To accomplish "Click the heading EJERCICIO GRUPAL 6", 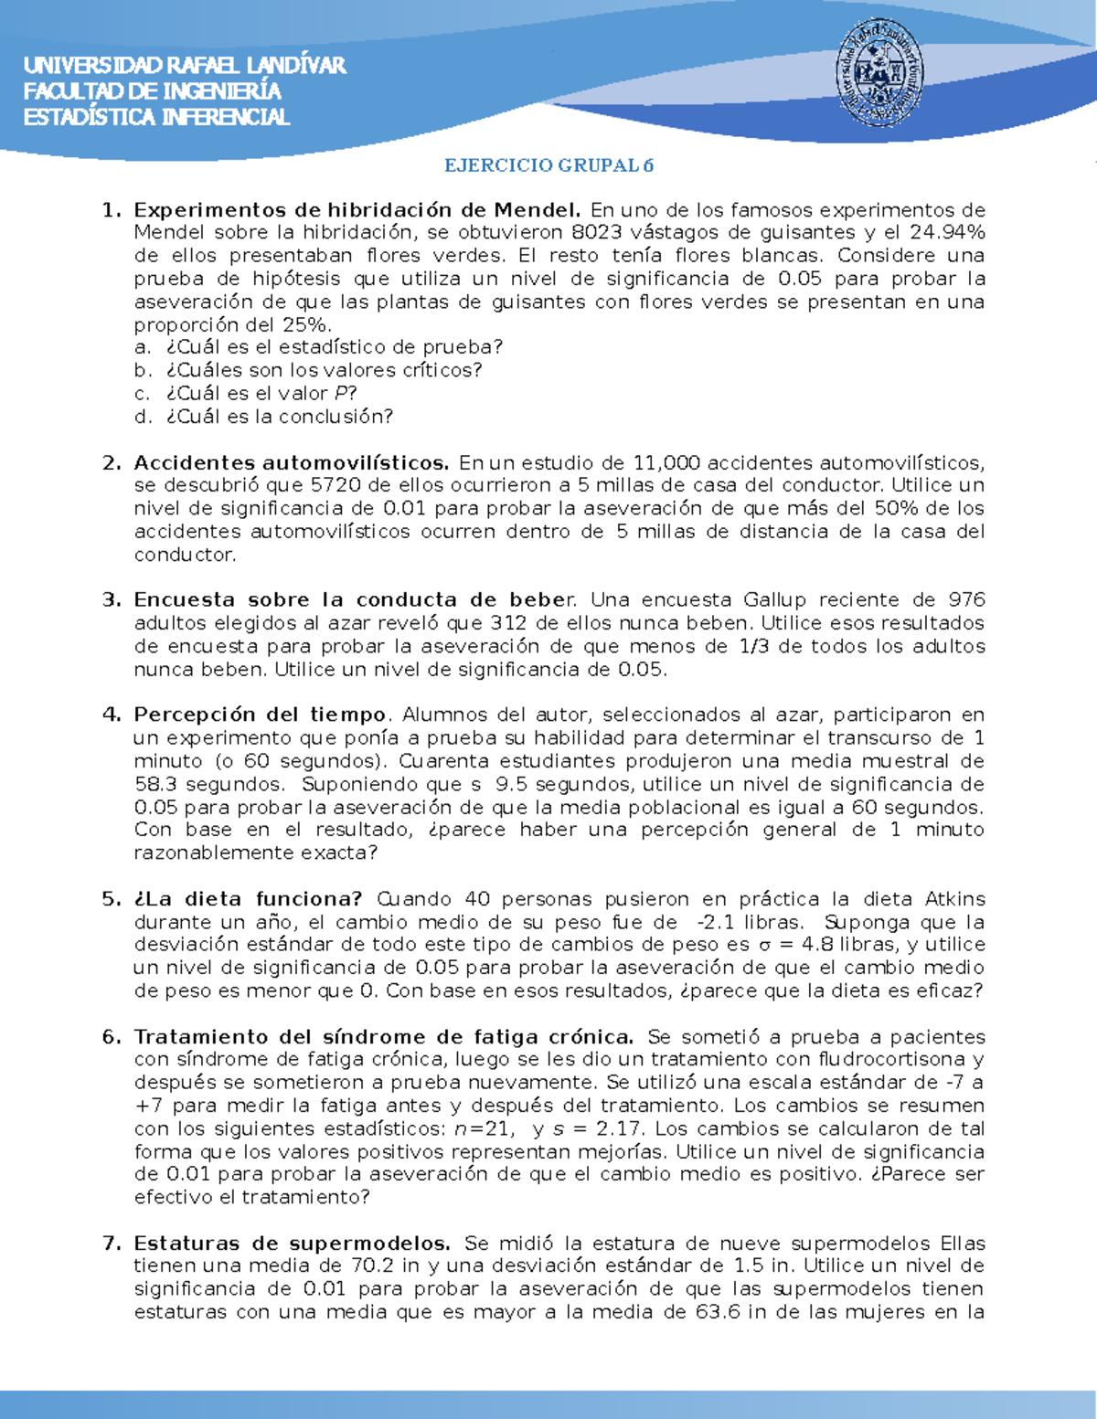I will [x=548, y=165].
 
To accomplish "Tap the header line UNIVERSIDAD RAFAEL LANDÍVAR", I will [x=185, y=65].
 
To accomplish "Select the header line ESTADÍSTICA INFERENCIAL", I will [x=156, y=117].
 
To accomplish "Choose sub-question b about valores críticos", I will [x=324, y=370].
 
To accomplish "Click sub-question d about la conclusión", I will [x=279, y=417].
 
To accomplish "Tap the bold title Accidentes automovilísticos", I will [x=291, y=462].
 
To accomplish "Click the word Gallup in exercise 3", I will [x=774, y=600].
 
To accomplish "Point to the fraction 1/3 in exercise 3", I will [x=741, y=646].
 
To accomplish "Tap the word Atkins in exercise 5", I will [x=954, y=899].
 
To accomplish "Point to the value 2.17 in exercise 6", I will [x=620, y=1128].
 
